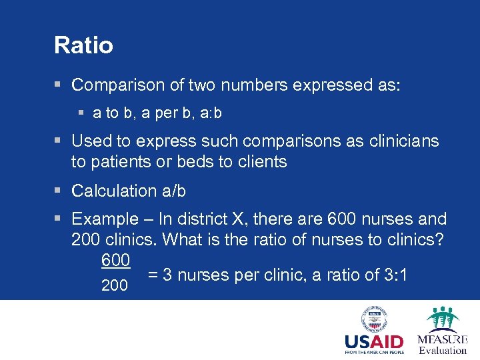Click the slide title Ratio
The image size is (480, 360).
[83, 46]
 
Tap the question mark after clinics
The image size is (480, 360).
[439, 239]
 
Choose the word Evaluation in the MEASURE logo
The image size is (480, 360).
[443, 350]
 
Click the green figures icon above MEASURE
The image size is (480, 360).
[443, 317]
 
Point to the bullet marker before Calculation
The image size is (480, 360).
[59, 191]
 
